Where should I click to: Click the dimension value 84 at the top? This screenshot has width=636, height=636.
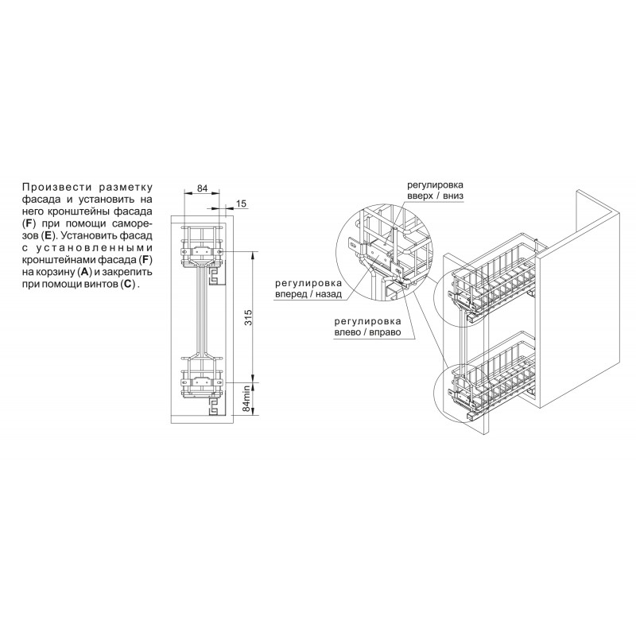[202, 188]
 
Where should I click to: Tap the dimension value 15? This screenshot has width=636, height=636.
[241, 204]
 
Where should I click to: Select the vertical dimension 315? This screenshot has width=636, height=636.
[248, 317]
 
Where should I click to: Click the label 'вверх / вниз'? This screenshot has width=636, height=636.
[435, 196]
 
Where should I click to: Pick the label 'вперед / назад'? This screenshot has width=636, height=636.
[308, 294]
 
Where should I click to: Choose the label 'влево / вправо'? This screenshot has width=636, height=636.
[367, 332]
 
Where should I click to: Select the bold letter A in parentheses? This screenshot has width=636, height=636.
[84, 272]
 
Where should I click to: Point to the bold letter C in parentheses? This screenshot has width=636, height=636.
[127, 285]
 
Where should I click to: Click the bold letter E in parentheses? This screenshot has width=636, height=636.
[48, 235]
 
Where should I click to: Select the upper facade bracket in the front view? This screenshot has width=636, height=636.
[202, 251]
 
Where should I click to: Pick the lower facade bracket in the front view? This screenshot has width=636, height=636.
[202, 382]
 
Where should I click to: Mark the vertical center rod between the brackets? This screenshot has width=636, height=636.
[202, 312]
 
